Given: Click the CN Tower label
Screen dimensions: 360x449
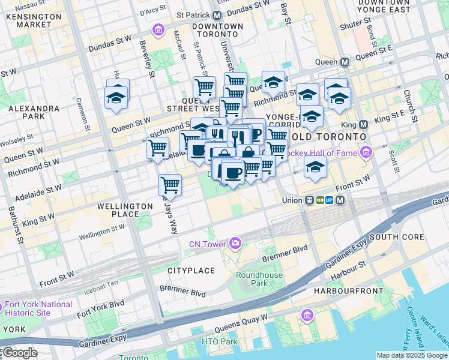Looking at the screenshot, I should click(206, 244).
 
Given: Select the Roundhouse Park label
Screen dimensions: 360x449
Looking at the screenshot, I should click(251, 279).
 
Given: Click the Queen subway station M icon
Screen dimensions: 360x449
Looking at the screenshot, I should click(345, 62).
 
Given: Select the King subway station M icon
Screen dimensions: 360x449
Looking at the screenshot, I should click(363, 125).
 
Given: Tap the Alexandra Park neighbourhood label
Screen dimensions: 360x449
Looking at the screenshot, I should click(34, 113).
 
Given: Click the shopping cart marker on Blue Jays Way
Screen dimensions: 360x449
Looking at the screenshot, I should click(170, 185).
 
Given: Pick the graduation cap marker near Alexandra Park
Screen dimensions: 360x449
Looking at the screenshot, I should click(116, 98).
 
